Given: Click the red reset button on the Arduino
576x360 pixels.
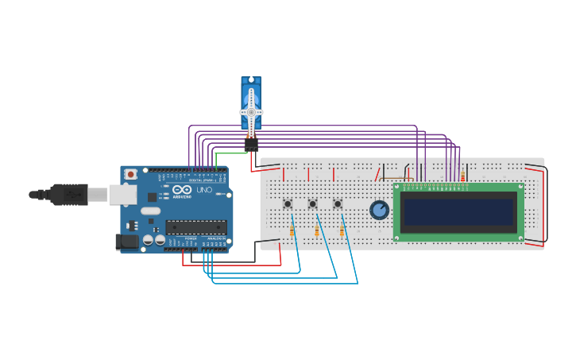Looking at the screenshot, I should [130, 174].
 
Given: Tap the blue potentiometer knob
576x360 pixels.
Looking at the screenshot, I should [380, 210].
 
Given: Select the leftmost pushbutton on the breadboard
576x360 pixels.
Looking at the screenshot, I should [288, 203].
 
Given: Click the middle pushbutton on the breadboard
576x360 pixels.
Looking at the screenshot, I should [312, 203].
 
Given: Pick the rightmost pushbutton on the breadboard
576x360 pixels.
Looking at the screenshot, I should [338, 203].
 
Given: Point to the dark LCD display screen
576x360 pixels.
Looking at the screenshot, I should [458, 211].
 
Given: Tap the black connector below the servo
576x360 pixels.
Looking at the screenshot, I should [251, 144].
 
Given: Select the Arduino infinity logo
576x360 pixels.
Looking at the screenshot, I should [181, 190].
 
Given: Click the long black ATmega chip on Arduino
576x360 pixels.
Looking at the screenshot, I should [195, 226].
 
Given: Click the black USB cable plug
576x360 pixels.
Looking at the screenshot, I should [69, 194].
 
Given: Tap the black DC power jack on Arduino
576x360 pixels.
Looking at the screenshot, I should [127, 242].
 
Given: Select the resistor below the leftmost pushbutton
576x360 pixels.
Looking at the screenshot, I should [292, 230].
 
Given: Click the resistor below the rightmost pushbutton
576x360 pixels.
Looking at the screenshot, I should [342, 230].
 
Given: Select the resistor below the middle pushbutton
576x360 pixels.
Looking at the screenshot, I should [317, 230].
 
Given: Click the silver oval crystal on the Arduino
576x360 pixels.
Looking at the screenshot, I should [151, 211].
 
